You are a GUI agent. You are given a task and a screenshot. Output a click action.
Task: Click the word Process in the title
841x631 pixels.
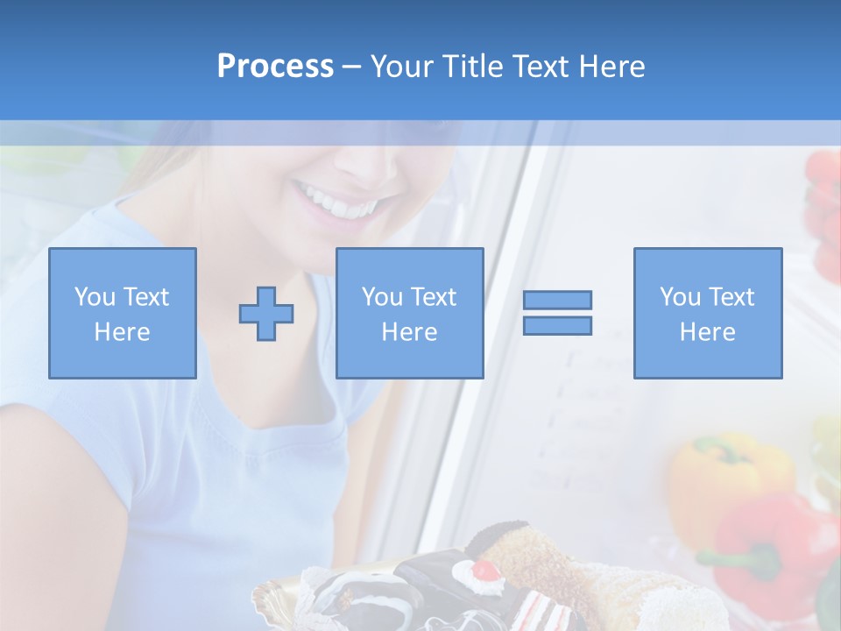tap(275, 66)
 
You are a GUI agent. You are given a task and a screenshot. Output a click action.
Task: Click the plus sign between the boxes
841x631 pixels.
tap(266, 314)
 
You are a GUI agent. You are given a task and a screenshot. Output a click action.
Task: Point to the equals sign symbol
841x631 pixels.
tap(557, 313)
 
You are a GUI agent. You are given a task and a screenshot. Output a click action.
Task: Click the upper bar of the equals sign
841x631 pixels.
tap(557, 300)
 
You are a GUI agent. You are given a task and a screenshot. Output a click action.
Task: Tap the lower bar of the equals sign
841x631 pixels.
tap(557, 326)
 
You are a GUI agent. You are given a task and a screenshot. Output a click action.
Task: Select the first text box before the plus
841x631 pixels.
tap(122, 313)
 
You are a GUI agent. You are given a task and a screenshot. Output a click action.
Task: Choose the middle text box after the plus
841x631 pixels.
tap(409, 313)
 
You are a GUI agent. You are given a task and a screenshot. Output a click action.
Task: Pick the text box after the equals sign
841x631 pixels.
tap(707, 313)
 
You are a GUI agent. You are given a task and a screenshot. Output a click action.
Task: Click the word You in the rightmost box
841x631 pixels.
tap(680, 297)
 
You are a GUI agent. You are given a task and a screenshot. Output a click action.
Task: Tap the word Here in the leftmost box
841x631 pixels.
tap(122, 332)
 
